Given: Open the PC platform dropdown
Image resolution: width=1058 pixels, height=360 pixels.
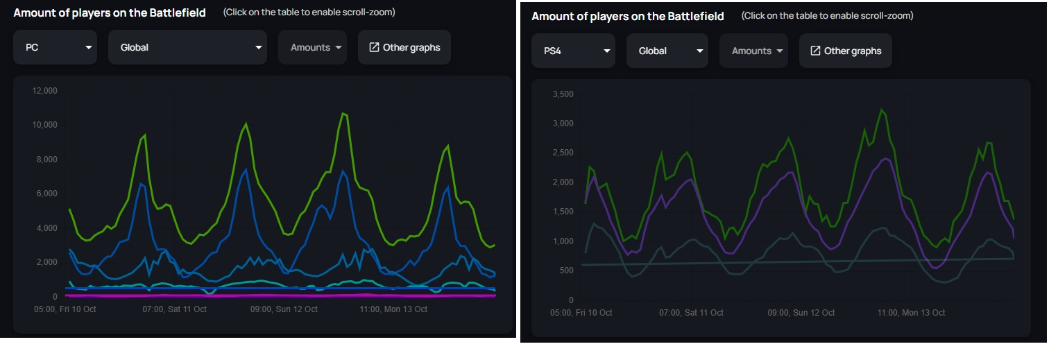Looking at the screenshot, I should click(x=55, y=47).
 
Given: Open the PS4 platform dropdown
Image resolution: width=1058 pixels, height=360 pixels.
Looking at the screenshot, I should click(x=573, y=51).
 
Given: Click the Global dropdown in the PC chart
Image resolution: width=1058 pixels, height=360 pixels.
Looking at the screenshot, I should click(x=187, y=47).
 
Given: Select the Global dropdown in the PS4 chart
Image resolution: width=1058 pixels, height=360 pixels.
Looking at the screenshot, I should click(x=667, y=51).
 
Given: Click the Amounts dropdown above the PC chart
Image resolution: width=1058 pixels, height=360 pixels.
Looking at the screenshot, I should click(x=312, y=47).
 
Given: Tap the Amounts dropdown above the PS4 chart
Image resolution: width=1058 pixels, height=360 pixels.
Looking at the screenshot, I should click(x=753, y=51).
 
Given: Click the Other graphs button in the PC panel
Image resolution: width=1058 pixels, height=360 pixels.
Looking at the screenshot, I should click(x=404, y=47).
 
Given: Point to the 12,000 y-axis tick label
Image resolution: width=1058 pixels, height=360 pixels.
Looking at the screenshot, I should click(x=43, y=91).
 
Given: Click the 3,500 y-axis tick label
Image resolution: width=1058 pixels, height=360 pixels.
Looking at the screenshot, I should click(x=563, y=94).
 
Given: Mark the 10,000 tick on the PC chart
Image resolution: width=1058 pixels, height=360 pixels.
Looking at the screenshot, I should click(x=43, y=125).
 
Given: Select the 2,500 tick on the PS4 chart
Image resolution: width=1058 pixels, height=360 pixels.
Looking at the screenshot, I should click(x=563, y=153).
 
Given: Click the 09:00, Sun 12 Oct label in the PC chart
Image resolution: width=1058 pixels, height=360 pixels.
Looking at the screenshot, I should click(x=284, y=309).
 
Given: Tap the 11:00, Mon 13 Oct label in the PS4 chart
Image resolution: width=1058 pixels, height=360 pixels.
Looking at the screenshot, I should click(x=911, y=313).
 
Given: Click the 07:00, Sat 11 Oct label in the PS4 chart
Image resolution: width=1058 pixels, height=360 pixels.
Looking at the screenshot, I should click(x=691, y=313).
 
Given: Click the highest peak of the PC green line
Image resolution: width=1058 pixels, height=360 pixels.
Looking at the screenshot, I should click(x=343, y=112).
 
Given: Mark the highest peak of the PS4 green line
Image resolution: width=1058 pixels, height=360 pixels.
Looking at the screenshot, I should click(x=882, y=109).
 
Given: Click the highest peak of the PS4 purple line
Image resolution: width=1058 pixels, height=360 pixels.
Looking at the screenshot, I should click(x=886, y=158).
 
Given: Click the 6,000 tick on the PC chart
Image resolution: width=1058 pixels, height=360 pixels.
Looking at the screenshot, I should click(x=46, y=194).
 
